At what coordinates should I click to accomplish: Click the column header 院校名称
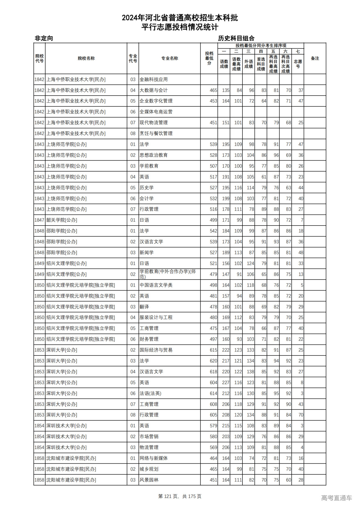coord(86,58)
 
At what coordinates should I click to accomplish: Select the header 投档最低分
coord(209,58)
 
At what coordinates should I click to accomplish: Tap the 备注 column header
coord(315,58)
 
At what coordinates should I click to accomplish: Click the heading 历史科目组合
coord(236,38)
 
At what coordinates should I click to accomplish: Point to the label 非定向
coord(44,38)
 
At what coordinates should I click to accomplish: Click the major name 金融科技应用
coord(154,80)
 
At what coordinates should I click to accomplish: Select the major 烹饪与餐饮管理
coord(156,133)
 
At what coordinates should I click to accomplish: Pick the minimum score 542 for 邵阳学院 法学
coord(213,231)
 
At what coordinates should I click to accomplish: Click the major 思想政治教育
coord(154,155)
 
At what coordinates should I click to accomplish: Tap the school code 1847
coord(39,220)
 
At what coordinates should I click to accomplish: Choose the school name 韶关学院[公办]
coord(62,220)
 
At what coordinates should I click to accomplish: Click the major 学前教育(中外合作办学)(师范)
coord(168,274)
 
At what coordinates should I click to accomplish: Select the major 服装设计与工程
coord(156,317)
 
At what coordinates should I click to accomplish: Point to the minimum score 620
coord(213,361)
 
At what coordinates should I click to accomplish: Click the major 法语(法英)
coord(150,393)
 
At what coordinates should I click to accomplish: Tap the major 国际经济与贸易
coord(156,350)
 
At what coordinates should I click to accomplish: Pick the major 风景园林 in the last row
coord(149,480)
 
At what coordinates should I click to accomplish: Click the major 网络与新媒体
coord(154,458)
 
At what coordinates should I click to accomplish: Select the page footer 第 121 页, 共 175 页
coord(180,496)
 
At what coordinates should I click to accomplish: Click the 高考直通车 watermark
coord(336,498)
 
